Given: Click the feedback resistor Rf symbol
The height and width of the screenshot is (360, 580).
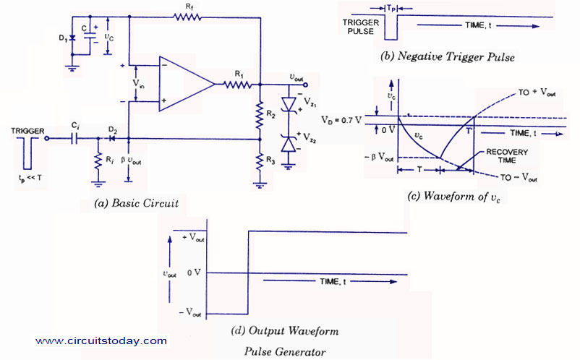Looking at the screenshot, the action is [x=187, y=17].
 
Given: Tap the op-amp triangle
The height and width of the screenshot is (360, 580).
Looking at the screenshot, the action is [x=187, y=84].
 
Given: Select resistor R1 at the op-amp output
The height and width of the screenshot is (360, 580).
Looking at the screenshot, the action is [x=238, y=85].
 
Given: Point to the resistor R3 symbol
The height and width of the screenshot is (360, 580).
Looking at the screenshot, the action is [x=260, y=160].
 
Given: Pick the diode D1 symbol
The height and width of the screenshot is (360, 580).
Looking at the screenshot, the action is [x=72, y=38].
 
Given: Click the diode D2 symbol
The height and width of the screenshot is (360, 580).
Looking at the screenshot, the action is [x=111, y=139].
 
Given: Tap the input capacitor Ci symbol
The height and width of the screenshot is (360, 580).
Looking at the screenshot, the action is [x=75, y=139].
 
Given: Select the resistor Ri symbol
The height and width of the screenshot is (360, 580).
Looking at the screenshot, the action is [x=98, y=160].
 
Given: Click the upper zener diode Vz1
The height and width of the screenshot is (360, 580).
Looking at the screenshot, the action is [x=289, y=104].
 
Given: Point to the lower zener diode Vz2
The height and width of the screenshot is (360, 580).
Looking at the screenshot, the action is [x=289, y=144].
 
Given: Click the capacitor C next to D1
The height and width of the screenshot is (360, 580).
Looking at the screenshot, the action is [x=89, y=36].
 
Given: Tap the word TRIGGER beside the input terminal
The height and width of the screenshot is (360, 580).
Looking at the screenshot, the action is [x=27, y=131].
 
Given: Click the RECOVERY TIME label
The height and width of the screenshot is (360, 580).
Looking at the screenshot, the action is [x=507, y=156].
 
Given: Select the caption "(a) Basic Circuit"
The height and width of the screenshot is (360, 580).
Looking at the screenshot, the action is [x=137, y=203].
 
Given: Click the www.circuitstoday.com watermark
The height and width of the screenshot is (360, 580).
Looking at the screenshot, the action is [x=101, y=340].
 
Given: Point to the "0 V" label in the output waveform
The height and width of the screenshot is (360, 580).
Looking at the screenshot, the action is [x=194, y=273].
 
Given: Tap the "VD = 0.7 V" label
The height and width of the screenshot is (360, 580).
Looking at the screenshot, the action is [x=341, y=120].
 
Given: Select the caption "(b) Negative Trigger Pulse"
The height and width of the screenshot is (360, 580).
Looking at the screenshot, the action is [x=448, y=57].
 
